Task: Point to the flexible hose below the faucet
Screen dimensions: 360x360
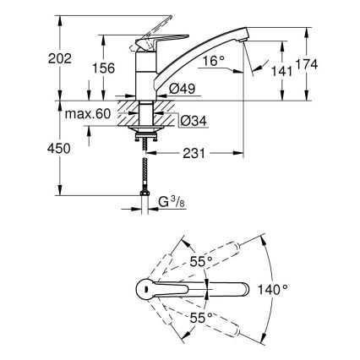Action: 146,169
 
